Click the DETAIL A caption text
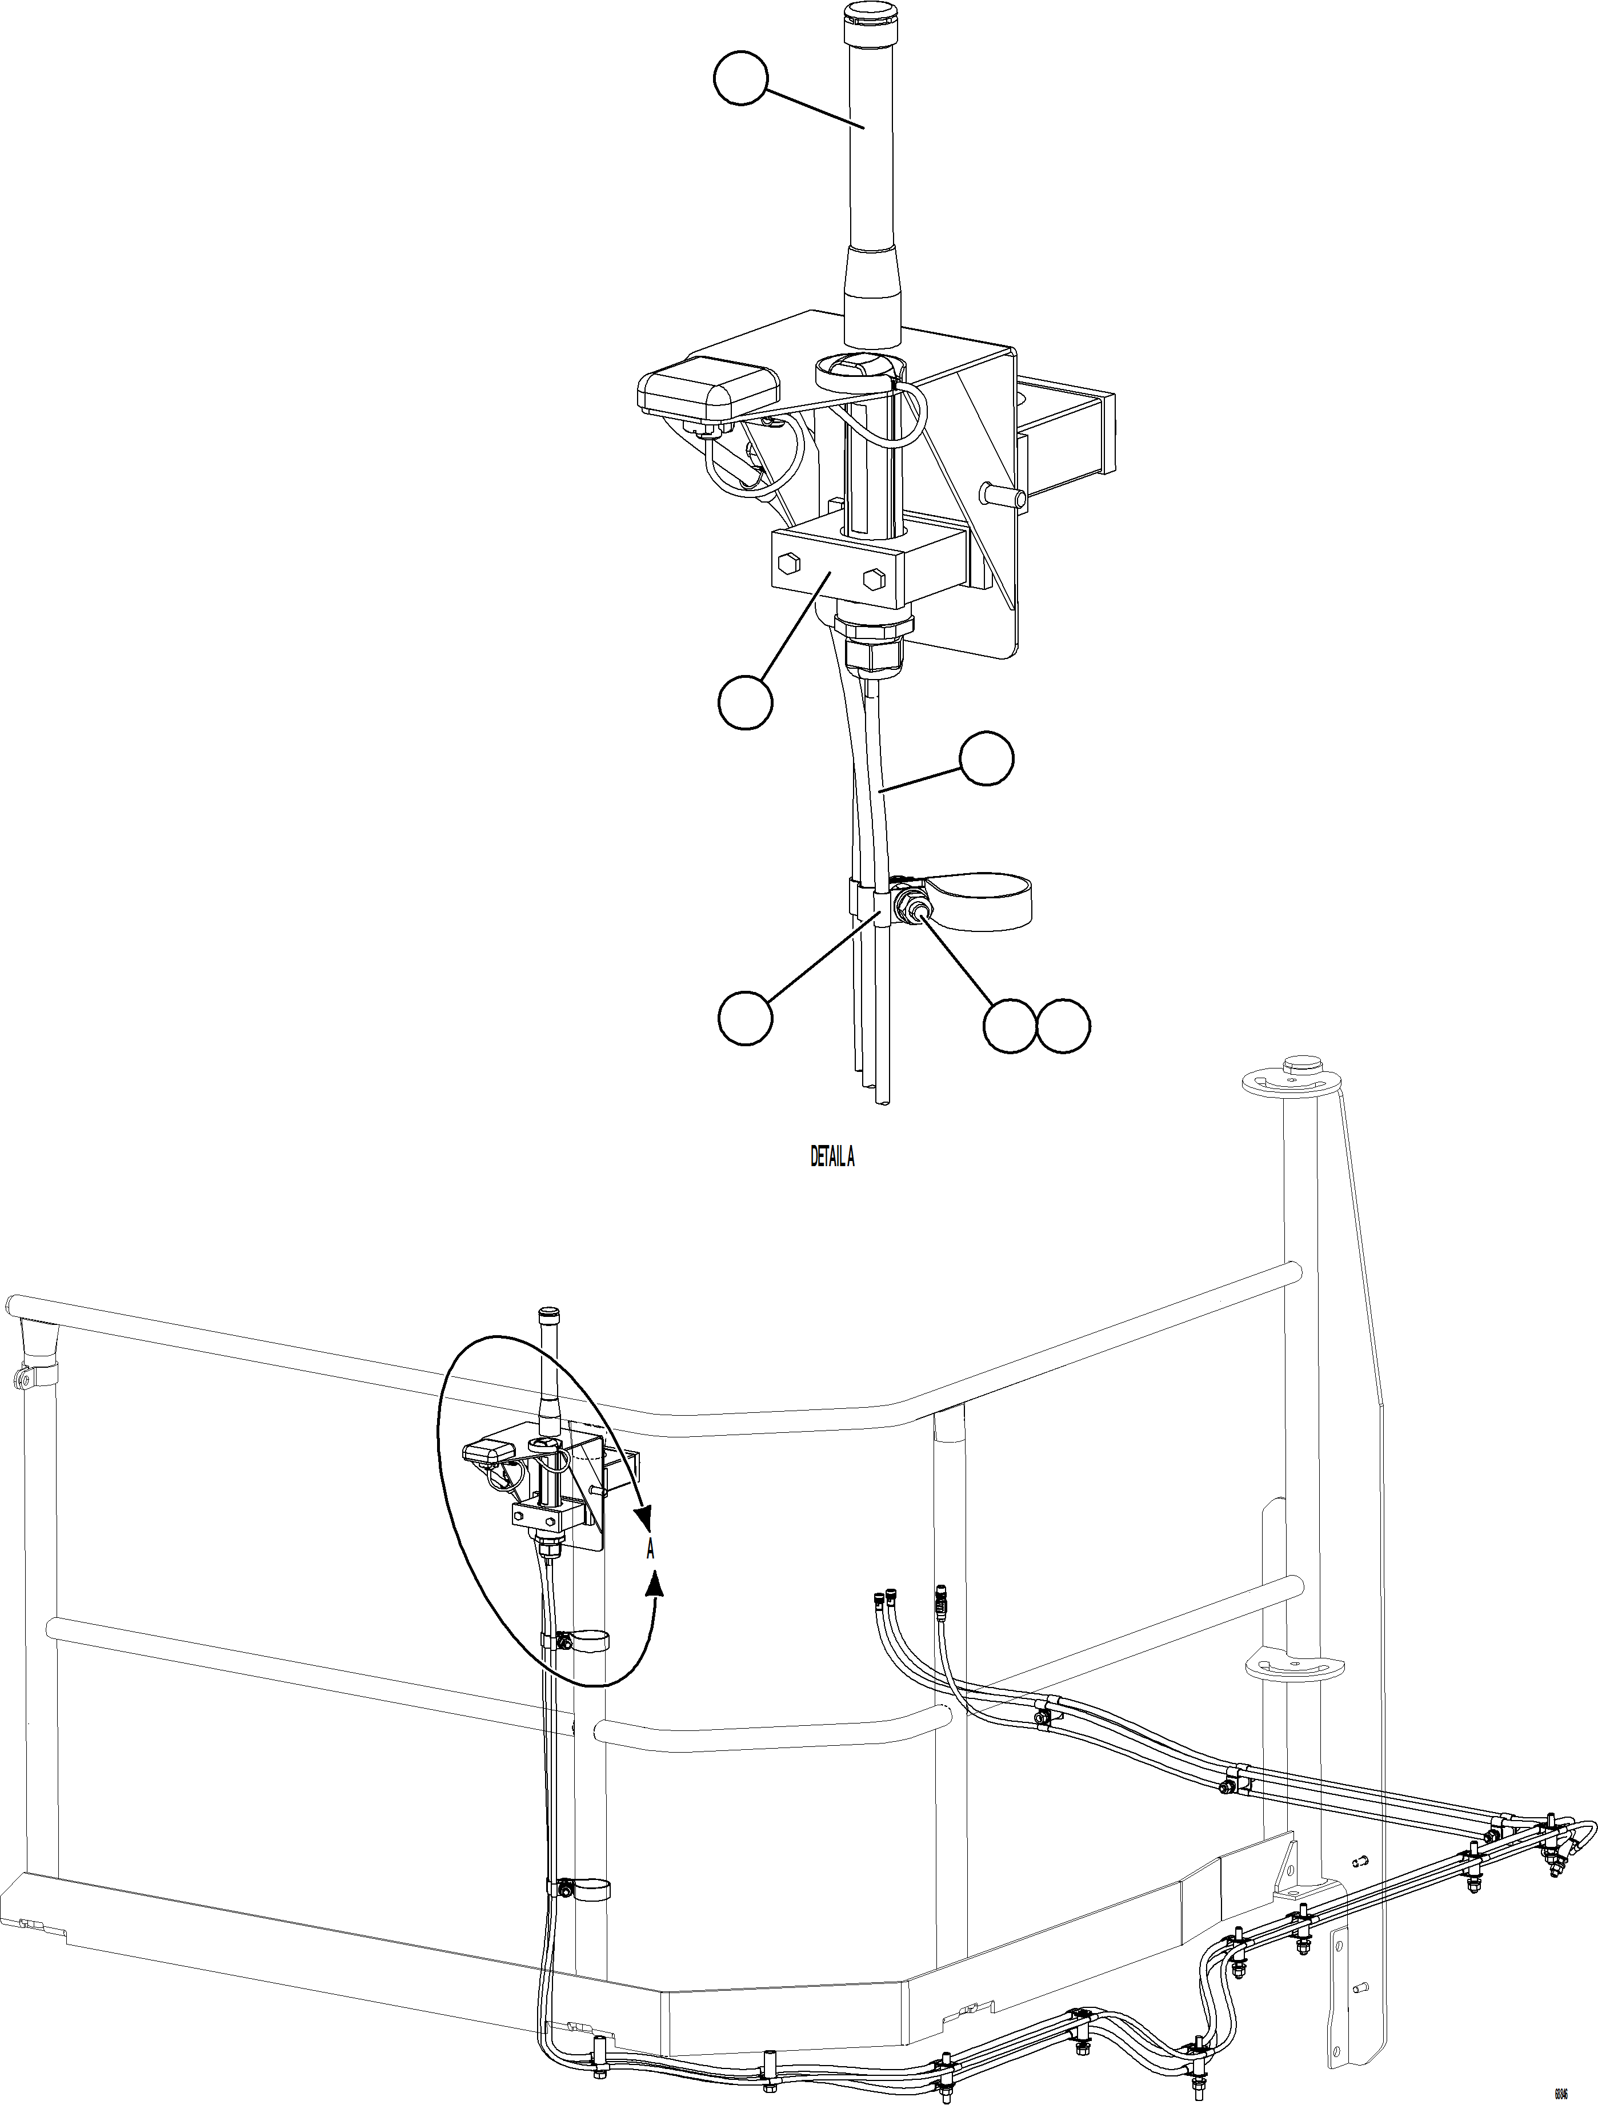[x=832, y=1156]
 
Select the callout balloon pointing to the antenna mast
[x=740, y=79]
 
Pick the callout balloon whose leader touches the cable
[x=986, y=758]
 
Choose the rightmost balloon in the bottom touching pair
[x=1063, y=1026]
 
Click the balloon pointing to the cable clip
[x=744, y=1017]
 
